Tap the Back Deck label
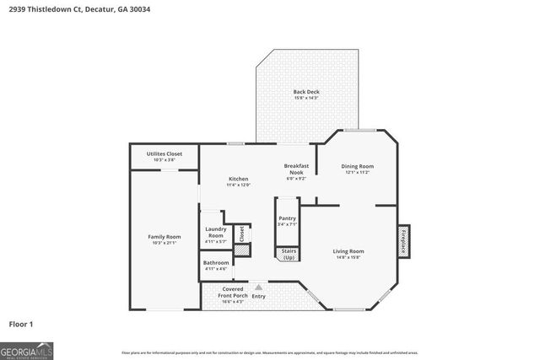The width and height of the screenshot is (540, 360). point(306,91)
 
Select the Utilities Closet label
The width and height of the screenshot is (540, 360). point(164,154)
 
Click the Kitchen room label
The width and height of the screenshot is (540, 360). point(239,179)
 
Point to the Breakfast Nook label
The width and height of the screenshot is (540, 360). point(296,169)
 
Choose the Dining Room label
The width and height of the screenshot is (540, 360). point(356,167)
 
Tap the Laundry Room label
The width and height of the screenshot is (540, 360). point(216,235)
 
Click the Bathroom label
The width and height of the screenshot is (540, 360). point(216,266)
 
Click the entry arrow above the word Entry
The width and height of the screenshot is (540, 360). point(258,287)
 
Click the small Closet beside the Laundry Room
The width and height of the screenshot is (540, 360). point(240,234)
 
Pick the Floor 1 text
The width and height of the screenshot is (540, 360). point(21,324)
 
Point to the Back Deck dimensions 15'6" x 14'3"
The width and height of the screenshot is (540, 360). point(306,98)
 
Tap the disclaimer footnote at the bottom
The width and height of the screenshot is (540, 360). point(269,352)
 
